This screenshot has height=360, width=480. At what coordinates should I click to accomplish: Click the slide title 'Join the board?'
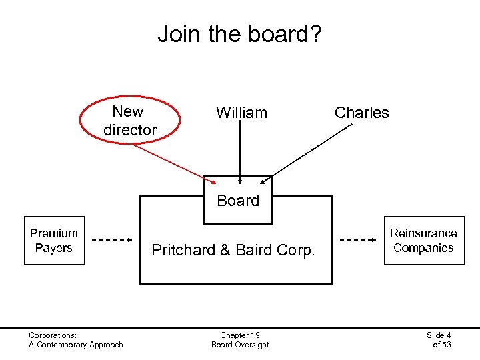click(239, 33)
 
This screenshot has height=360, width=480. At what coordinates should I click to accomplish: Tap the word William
click(241, 113)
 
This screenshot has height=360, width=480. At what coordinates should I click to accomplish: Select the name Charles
click(361, 113)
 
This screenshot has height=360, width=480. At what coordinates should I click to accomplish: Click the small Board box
click(238, 200)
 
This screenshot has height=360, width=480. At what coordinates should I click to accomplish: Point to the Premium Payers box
click(54, 241)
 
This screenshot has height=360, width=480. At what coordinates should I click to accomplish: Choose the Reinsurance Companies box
click(423, 241)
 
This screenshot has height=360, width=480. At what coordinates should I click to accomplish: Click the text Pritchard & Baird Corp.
click(233, 250)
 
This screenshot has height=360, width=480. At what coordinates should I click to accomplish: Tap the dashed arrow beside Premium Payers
click(111, 239)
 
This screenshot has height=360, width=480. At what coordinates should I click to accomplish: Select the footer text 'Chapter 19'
click(240, 335)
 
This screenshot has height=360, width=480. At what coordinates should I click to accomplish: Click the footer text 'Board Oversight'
click(240, 345)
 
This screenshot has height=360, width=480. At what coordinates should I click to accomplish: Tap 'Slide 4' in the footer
click(439, 335)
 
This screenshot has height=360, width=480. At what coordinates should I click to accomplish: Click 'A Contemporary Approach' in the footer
click(76, 345)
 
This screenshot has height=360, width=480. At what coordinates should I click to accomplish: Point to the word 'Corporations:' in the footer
click(53, 335)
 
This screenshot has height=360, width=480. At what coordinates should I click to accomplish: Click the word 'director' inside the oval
click(130, 130)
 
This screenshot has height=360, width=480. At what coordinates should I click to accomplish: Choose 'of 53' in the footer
click(442, 345)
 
